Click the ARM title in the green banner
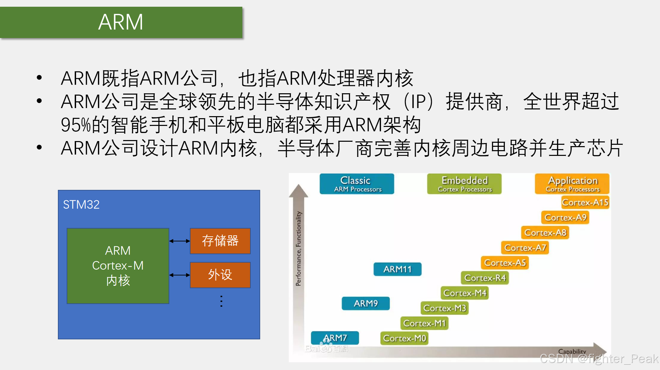[x=120, y=22]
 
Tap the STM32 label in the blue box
[x=81, y=205]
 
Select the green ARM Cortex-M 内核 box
[x=118, y=266]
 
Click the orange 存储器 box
[x=220, y=241]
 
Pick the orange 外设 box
[x=220, y=275]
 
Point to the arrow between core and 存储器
[x=180, y=241]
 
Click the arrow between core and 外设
[x=180, y=275]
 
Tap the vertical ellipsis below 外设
[x=221, y=301]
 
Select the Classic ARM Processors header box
[x=357, y=184]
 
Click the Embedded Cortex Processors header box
[x=464, y=184]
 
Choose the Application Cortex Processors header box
[x=572, y=184]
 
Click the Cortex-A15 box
[x=585, y=202]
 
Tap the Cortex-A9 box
[x=565, y=217]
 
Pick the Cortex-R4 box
[x=485, y=278]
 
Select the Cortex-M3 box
[x=444, y=308]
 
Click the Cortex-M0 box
[x=404, y=338]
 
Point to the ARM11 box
[x=397, y=269]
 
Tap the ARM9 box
[x=366, y=303]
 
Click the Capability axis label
[x=572, y=351]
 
